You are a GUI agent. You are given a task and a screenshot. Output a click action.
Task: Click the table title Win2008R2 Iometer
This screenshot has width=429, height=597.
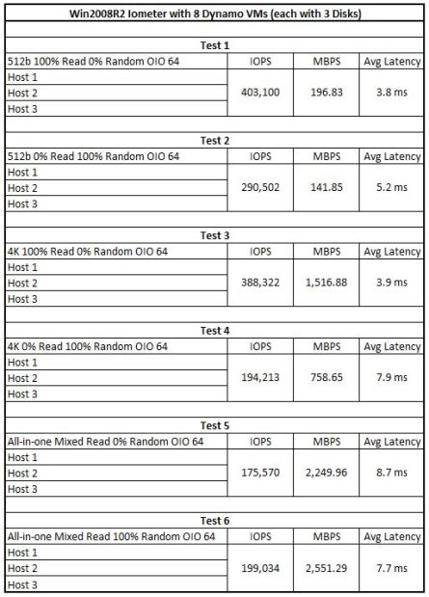(214, 13)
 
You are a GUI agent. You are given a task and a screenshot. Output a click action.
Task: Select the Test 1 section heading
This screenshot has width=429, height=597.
(214, 45)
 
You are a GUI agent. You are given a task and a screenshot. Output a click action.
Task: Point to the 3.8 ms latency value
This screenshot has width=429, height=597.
(391, 94)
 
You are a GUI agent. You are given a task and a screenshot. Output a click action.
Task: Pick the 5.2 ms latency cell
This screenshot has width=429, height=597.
(391, 188)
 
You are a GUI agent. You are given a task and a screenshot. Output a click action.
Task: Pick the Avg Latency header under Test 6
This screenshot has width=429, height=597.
(391, 536)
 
